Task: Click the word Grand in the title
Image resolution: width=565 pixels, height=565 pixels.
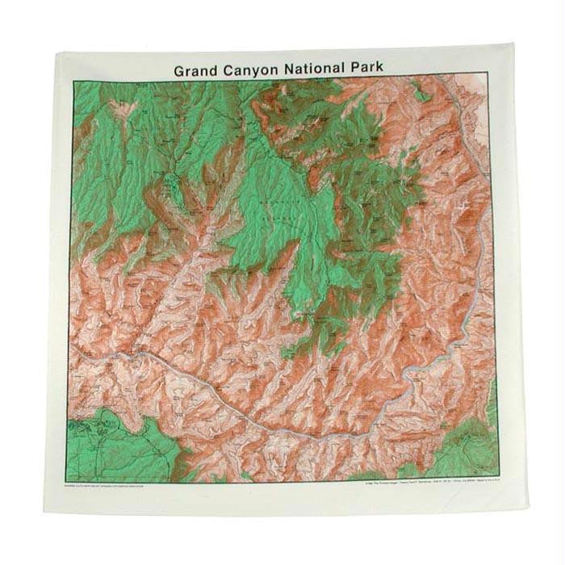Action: point(197,69)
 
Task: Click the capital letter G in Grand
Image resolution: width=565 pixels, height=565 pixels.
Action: point(179,69)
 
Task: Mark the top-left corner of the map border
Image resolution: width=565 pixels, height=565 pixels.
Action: point(73,82)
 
